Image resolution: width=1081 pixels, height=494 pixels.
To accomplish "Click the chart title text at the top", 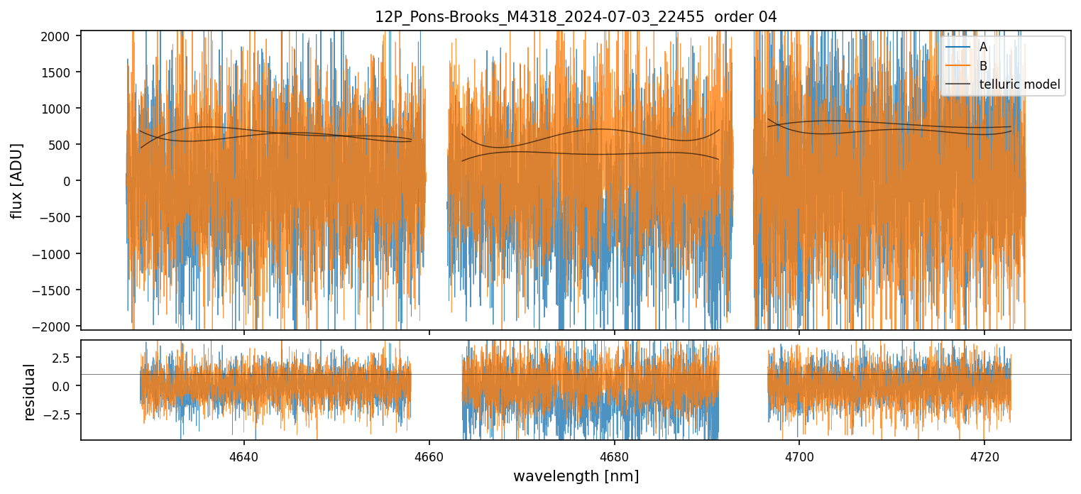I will pyautogui.click(x=576, y=17).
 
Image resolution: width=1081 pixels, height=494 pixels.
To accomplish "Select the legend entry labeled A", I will pyautogui.click(x=983, y=47).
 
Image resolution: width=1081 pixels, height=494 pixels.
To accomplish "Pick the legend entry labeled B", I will pyautogui.click(x=983, y=66).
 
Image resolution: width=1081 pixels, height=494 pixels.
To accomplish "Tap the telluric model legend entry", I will pyautogui.click(x=1019, y=84).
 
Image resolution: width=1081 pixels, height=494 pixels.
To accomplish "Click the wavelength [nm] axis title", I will pyautogui.click(x=576, y=476).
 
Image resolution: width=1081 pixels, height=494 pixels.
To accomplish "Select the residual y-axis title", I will pyautogui.click(x=30, y=392).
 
